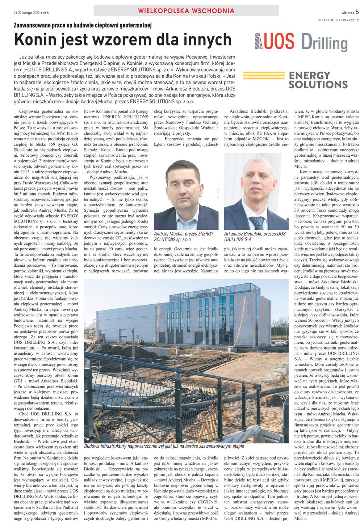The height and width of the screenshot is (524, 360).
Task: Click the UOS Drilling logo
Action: [301, 42]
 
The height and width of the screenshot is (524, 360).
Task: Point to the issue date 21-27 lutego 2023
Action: [25, 13]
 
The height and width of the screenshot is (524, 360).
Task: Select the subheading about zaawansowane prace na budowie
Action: [82, 25]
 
